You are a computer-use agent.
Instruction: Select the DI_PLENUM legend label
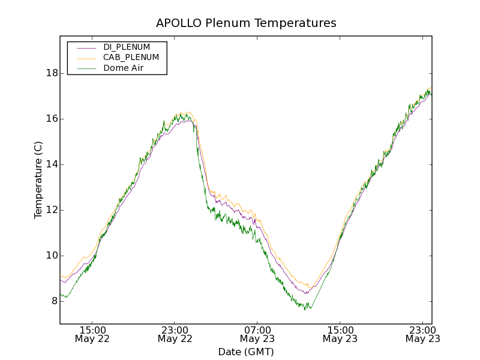(x=127, y=47)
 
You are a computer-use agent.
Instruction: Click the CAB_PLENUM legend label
(x=131, y=58)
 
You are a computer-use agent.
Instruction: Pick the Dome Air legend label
(x=124, y=68)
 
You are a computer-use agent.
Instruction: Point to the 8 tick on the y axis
(x=54, y=301)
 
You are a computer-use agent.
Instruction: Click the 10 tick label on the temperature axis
(x=52, y=256)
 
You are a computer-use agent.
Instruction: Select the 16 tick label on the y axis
(x=52, y=119)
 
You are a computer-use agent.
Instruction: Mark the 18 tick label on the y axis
(x=52, y=73)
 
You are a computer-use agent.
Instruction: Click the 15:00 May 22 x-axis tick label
(x=92, y=334)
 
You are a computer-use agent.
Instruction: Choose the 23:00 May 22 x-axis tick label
(x=175, y=334)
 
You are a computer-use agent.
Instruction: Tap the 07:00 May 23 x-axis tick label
(x=257, y=334)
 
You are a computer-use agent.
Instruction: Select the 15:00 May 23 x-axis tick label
(x=340, y=334)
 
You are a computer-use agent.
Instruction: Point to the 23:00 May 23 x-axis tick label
(x=422, y=334)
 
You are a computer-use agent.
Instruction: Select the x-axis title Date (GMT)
(x=246, y=352)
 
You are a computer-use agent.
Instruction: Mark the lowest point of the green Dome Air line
(x=306, y=310)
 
